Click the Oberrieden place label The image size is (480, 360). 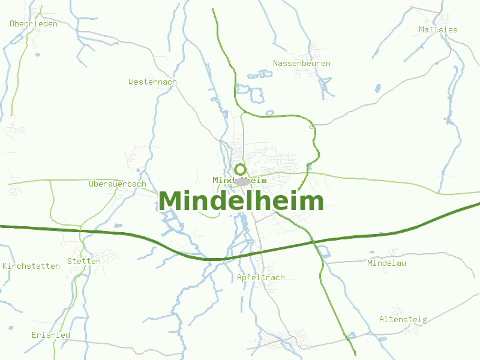pos(34,24)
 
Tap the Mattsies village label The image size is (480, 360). pos(438,29)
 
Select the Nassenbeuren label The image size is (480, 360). pos(301,63)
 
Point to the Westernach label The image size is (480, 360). pos(152,82)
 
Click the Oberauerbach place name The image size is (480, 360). pos(117,184)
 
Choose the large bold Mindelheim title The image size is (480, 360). pos(241,201)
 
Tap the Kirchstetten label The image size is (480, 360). pos(31,266)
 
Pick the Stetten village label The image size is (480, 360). pos(84,261)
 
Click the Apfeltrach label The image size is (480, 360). pos(260,278)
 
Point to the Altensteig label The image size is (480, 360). pos(403,319)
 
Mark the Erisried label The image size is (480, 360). pos(51,335)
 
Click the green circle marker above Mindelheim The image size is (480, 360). pos(240,169)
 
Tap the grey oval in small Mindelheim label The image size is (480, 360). pos(242,181)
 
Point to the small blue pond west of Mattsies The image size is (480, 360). pos(378,89)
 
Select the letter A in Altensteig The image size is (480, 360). pos(382,319)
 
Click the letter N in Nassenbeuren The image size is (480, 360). pos(275,63)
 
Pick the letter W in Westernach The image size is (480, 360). pos(131,82)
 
